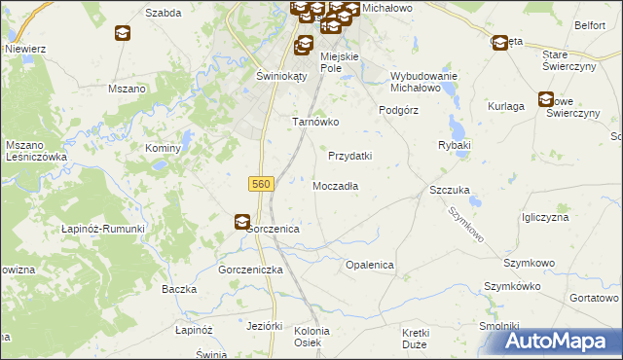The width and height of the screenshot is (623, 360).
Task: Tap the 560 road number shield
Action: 261,183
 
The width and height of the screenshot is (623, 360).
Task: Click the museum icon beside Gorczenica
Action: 241,223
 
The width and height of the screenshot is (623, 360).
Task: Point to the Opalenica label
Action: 370,265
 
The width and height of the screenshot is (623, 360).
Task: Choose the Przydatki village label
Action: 350,156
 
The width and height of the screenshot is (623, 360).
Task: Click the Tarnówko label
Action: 315,123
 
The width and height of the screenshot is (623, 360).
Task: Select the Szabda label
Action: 165,14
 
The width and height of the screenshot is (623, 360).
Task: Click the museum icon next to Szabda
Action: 123,33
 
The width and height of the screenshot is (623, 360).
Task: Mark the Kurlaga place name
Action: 507,104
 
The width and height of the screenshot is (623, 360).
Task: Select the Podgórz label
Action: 398,110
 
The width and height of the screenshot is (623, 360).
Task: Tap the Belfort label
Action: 590,25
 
